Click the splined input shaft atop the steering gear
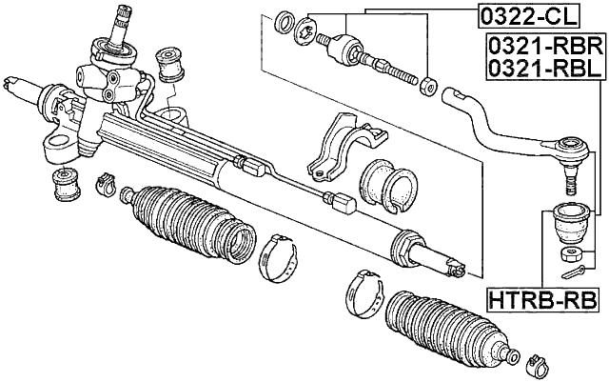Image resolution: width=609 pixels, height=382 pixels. [124, 29]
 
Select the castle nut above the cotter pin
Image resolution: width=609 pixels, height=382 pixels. [570, 252]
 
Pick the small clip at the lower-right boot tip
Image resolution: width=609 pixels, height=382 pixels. [535, 362]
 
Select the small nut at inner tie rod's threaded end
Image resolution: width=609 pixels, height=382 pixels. [428, 84]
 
